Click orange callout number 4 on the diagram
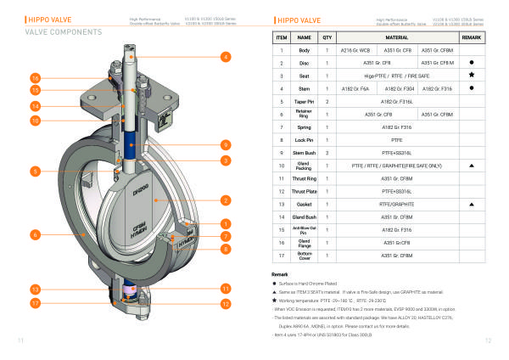[226, 57]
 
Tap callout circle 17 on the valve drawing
[36, 301]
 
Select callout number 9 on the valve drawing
[226, 145]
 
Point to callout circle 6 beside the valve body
[36, 233]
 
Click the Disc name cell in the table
[305, 63]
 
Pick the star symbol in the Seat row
[471, 75]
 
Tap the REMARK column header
[471, 38]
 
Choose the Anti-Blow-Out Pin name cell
[305, 228]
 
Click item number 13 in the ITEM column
[281, 205]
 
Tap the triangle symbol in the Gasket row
[471, 205]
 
